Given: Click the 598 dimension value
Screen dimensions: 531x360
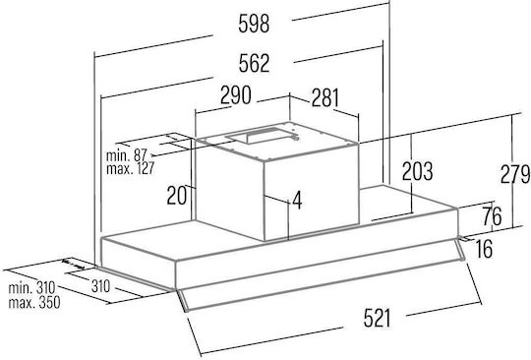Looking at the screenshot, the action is (254, 24).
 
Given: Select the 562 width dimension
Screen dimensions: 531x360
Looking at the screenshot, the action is (254, 63).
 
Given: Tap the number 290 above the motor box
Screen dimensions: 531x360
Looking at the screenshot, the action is (236, 94).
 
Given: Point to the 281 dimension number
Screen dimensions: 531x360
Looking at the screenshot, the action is (325, 97).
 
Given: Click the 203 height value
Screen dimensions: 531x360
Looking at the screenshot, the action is (417, 171).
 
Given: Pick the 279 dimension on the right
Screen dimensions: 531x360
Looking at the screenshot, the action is (515, 174).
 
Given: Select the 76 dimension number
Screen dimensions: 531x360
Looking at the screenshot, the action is (492, 215).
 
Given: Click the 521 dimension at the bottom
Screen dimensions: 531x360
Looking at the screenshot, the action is (378, 319).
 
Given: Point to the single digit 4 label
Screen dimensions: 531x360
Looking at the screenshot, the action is (297, 200).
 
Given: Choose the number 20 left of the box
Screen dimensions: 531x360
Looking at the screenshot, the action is (176, 196).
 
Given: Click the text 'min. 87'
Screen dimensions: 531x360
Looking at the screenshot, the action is (126, 155).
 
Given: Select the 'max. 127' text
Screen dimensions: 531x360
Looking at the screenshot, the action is (131, 168).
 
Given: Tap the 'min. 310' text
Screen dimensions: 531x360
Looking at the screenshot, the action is (31, 288).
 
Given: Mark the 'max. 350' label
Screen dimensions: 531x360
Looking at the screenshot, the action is (34, 302).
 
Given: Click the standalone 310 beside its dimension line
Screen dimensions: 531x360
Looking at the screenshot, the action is (100, 286).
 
